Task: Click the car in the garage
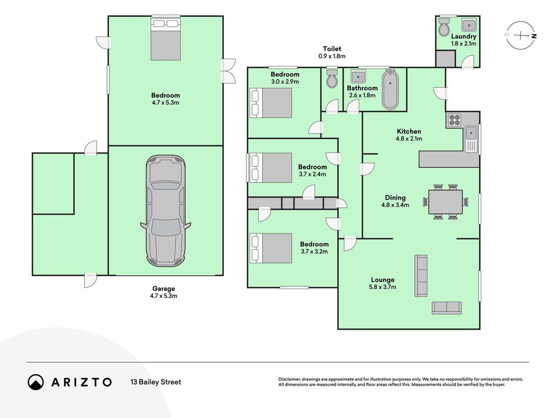tap(165, 211)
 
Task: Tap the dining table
tap(445, 202)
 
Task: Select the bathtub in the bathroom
tap(390, 89)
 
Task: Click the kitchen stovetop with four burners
tap(454, 120)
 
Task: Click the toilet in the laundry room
tap(444, 27)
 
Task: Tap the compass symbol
tap(521, 35)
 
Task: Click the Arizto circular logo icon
tap(36, 382)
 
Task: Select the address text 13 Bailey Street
tap(156, 382)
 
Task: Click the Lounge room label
tap(383, 280)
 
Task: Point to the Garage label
tap(163, 288)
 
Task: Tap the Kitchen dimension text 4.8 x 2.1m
tap(409, 138)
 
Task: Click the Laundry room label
tap(464, 36)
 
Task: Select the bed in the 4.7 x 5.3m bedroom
tap(165, 40)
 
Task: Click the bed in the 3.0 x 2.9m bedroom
tap(271, 103)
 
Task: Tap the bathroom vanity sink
tap(358, 76)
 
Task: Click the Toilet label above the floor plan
tap(332, 49)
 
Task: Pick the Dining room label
tap(395, 198)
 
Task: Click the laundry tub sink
tap(469, 25)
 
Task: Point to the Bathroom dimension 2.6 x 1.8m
tap(362, 95)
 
